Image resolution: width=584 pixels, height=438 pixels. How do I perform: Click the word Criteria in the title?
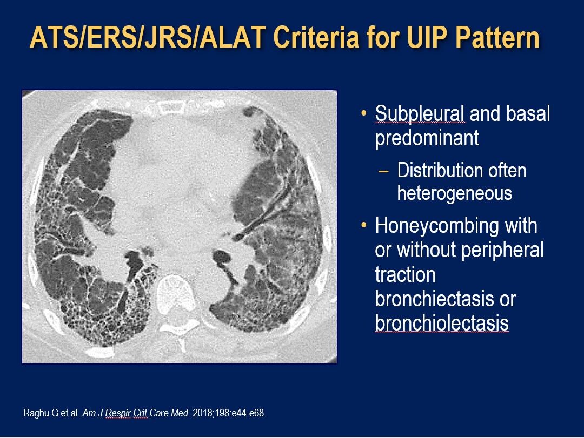319,38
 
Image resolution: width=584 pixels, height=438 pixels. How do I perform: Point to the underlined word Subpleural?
420,114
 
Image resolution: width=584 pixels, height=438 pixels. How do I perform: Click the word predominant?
427,138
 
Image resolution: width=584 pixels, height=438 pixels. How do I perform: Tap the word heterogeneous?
454,193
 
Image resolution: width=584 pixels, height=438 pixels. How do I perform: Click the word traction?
405,274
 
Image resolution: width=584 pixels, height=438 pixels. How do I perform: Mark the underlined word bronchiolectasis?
442,323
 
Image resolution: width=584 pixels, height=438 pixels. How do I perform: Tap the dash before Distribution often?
383,171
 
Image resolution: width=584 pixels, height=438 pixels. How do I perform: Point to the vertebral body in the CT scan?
176,289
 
